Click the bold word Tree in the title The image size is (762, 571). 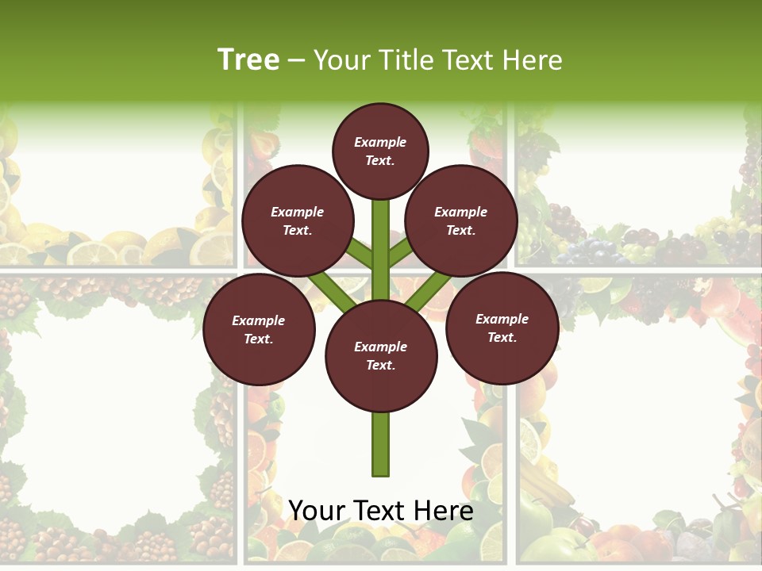(x=248, y=59)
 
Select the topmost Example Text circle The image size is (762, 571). (x=380, y=151)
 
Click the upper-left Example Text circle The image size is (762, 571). (x=297, y=220)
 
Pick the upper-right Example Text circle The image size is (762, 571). (x=460, y=220)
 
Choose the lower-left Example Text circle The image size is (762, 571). (x=258, y=329)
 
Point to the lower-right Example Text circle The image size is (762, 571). (x=502, y=328)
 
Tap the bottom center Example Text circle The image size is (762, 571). (x=380, y=355)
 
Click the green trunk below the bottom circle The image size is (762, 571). (x=380, y=444)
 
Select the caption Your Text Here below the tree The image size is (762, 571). (x=380, y=511)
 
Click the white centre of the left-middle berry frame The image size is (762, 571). (x=107, y=412)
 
